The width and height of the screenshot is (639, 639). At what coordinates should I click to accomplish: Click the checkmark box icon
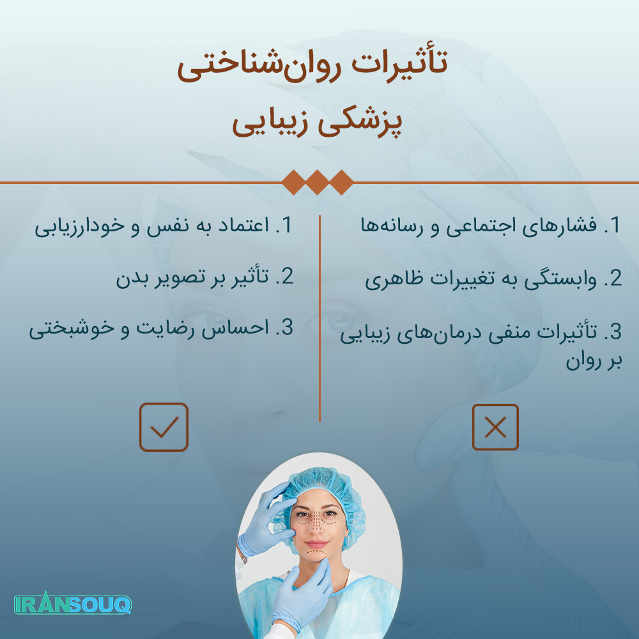[164, 427]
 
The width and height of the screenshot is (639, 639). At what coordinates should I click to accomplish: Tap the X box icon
[495, 427]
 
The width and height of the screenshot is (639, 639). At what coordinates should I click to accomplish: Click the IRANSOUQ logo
[73, 604]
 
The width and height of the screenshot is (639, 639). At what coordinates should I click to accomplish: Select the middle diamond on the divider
[318, 182]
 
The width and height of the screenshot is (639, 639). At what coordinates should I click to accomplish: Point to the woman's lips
[317, 544]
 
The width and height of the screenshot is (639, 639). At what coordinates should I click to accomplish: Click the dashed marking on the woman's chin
[316, 553]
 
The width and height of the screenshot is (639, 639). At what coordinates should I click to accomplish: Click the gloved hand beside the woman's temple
[265, 519]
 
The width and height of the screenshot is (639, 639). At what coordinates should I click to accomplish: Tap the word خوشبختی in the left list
[72, 328]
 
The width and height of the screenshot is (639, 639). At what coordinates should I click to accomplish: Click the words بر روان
[594, 361]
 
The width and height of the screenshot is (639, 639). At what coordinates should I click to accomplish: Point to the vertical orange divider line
[320, 318]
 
